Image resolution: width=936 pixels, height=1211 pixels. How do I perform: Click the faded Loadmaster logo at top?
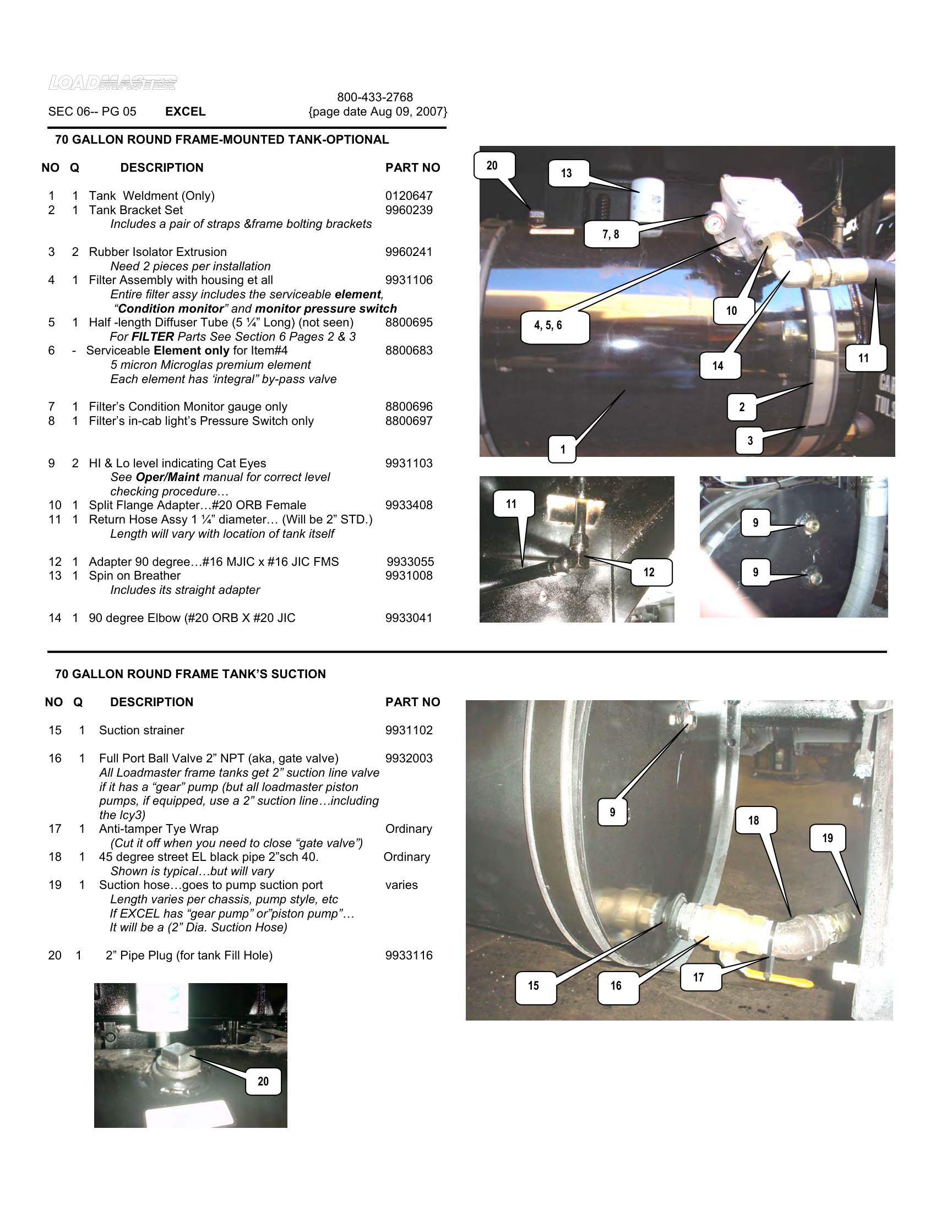[x=112, y=83]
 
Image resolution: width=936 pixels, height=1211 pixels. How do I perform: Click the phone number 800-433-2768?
[x=375, y=97]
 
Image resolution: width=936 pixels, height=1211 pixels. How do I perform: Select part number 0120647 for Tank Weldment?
[x=409, y=196]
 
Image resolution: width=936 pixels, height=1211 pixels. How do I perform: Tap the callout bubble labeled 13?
[x=566, y=173]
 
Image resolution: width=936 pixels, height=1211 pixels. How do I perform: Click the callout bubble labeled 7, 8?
[x=611, y=234]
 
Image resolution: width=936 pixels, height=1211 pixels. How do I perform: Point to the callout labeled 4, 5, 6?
[x=548, y=325]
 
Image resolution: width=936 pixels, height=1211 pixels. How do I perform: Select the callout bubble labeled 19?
[x=828, y=838]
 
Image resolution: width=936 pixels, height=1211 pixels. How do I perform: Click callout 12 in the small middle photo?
[x=649, y=572]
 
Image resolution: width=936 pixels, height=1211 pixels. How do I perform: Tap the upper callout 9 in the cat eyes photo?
[x=755, y=523]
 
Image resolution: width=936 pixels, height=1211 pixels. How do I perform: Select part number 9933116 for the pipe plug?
[x=409, y=956]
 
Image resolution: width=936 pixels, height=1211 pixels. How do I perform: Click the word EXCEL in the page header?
[x=185, y=111]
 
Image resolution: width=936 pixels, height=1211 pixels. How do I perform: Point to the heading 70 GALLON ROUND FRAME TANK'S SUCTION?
[x=190, y=674]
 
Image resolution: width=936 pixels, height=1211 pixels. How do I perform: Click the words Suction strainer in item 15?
[x=142, y=730]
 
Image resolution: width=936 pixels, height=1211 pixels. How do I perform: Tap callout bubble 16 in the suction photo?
[x=616, y=986]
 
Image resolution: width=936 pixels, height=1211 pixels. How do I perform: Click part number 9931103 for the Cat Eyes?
[x=409, y=463]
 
